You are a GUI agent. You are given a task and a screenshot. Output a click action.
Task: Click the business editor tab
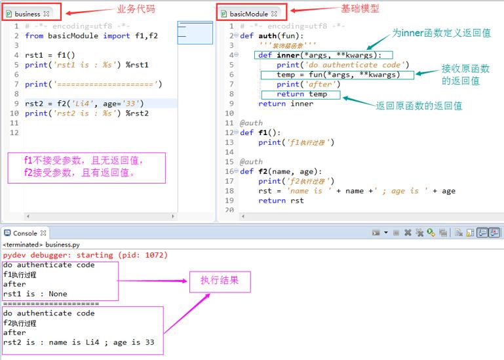(28, 14)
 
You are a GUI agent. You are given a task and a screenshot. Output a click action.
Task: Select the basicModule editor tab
(249, 14)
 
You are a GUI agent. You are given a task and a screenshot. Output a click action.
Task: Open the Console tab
(25, 233)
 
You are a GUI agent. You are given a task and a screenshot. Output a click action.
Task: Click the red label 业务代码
(136, 9)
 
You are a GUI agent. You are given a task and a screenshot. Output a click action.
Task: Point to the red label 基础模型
(360, 9)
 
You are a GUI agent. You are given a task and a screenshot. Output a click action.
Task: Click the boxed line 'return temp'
(301, 94)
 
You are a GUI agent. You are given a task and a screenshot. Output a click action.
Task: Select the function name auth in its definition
(267, 35)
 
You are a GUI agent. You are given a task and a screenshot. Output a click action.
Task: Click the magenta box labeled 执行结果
(220, 282)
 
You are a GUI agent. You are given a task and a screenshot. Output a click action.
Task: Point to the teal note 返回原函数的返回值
(419, 106)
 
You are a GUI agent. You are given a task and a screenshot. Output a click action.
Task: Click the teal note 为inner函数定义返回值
(441, 33)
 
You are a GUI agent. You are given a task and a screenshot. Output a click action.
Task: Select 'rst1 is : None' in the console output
(35, 294)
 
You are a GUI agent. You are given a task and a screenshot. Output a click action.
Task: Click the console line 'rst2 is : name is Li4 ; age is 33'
(79, 342)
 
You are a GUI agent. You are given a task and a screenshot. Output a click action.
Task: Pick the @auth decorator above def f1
(251, 123)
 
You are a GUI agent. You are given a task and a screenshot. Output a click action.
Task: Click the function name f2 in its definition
(263, 171)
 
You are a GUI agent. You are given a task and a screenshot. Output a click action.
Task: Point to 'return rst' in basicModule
(281, 201)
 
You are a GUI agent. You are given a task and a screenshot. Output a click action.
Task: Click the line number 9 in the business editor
(16, 104)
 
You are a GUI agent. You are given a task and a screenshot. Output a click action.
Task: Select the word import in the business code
(117, 35)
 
